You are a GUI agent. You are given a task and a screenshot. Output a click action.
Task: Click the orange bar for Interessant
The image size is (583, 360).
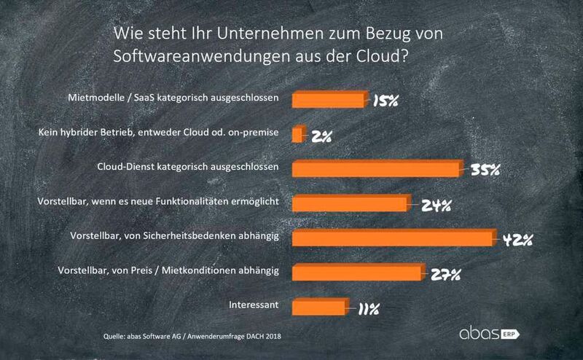click(319, 307)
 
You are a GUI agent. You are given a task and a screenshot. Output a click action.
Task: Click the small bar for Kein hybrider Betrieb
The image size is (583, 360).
click(297, 135)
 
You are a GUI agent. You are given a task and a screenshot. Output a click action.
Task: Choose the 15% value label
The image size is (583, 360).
click(384, 101)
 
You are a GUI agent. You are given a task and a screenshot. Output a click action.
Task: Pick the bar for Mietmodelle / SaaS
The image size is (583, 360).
click(329, 100)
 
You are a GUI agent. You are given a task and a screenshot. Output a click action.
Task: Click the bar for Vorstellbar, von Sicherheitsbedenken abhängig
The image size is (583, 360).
click(394, 238)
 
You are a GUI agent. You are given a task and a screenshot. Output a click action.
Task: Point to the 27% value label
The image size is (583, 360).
click(445, 274)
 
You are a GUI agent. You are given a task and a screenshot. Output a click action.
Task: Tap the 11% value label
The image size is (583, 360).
click(367, 309)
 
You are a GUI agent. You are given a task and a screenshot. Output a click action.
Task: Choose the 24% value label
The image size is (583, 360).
click(434, 206)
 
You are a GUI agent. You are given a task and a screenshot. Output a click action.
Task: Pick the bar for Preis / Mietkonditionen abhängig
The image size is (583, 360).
click(356, 273)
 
